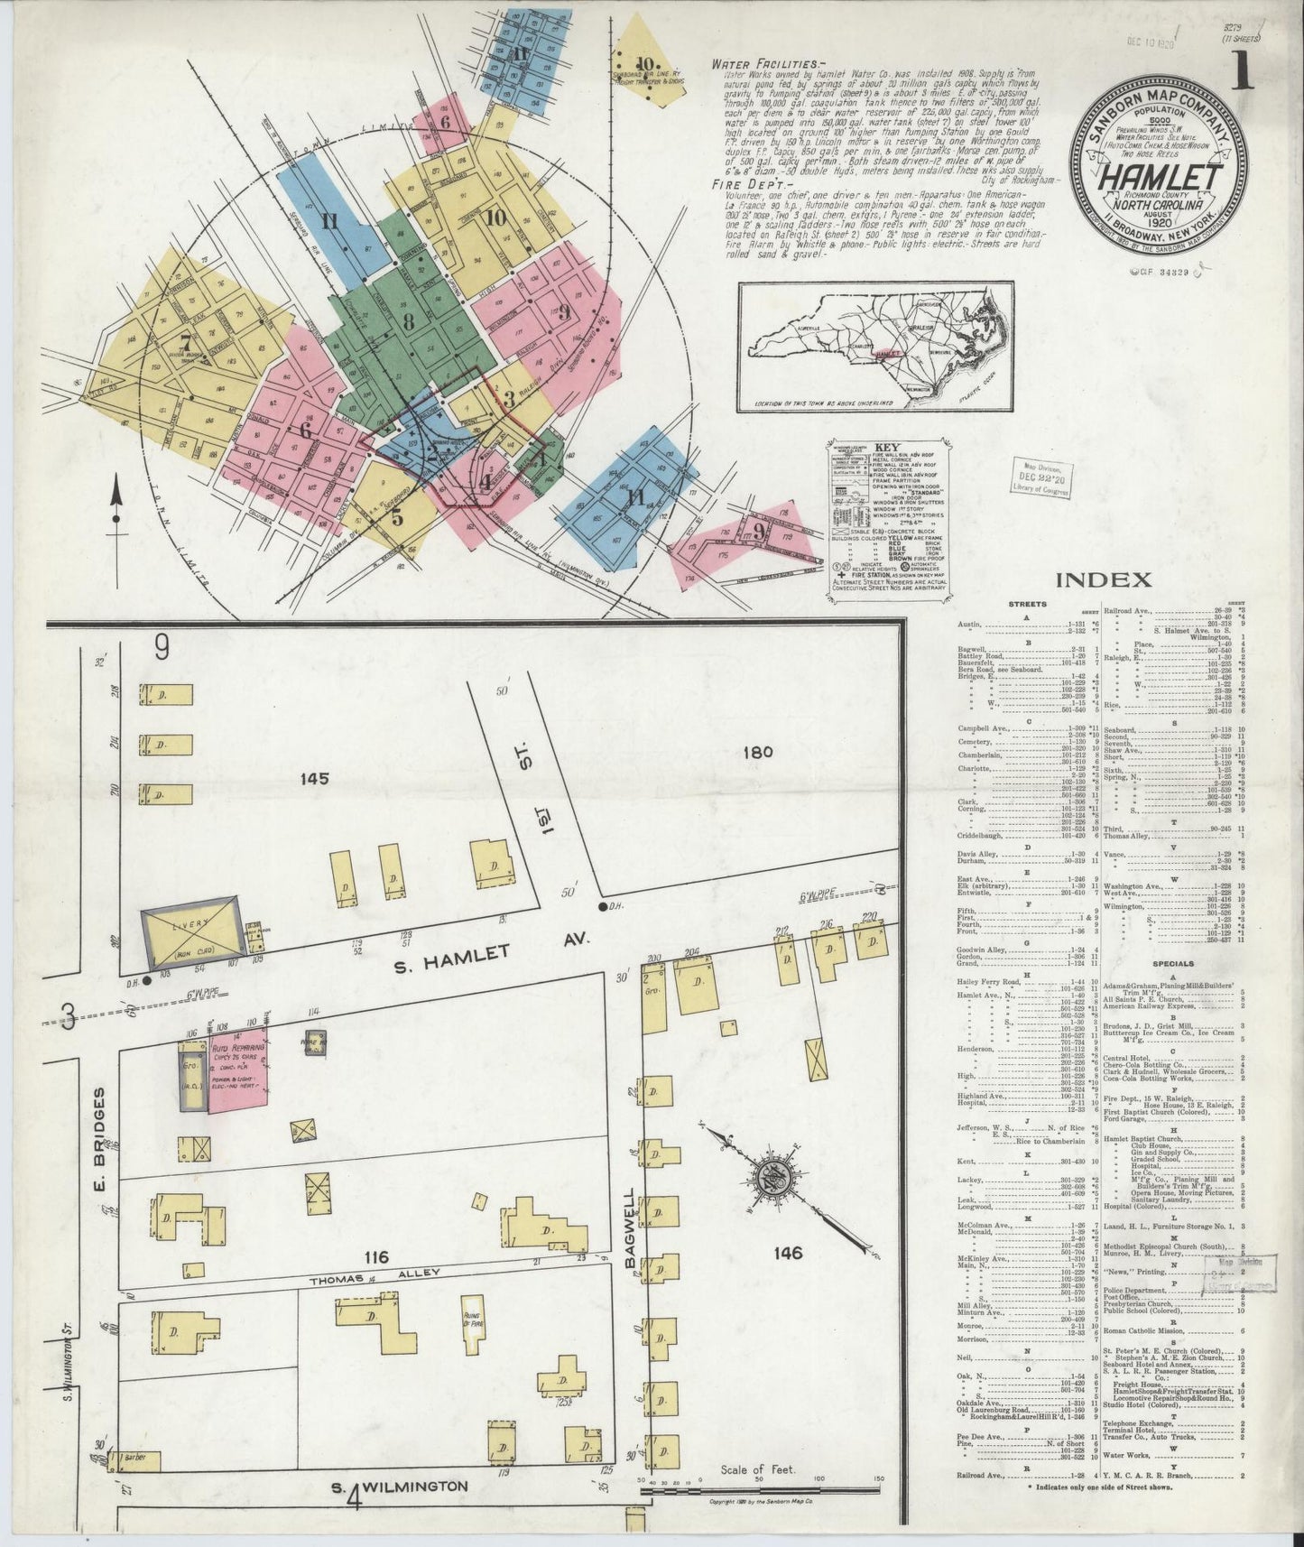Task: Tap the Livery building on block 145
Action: [191, 928]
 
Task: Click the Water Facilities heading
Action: [763, 65]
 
